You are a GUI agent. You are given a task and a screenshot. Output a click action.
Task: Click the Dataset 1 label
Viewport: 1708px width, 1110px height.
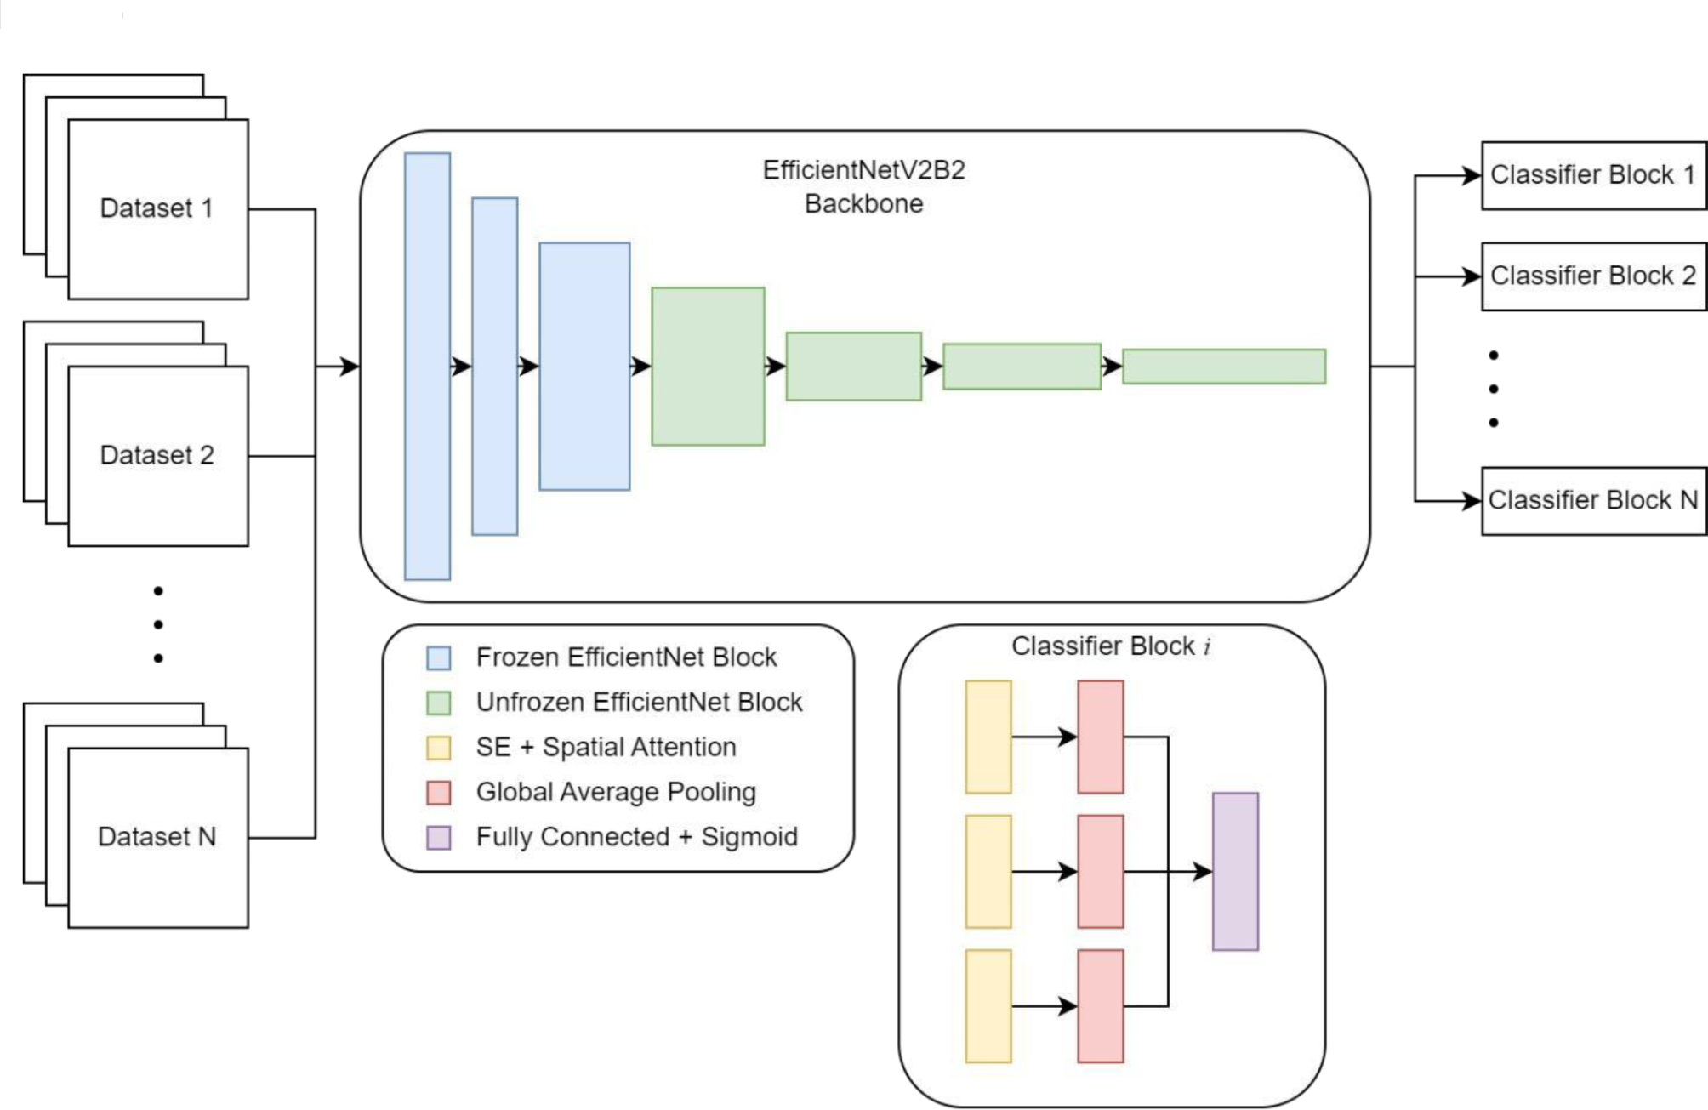pyautogui.click(x=157, y=208)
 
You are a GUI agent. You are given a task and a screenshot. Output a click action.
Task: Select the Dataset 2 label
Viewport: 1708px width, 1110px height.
pyautogui.click(x=157, y=455)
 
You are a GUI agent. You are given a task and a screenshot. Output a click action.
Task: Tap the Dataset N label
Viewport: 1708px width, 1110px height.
pyautogui.click(x=157, y=837)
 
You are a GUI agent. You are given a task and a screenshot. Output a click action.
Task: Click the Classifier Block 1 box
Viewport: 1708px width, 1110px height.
pyautogui.click(x=1592, y=175)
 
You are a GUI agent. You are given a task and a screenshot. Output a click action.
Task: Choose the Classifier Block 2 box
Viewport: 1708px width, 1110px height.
pyautogui.click(x=1592, y=276)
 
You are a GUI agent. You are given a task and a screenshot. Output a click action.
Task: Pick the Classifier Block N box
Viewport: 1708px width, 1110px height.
pyautogui.click(x=1592, y=500)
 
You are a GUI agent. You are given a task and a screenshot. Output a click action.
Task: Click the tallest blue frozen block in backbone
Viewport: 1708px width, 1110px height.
pyautogui.click(x=427, y=367)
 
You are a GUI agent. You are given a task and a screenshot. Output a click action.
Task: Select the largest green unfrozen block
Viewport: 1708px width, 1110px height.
pyautogui.click(x=708, y=367)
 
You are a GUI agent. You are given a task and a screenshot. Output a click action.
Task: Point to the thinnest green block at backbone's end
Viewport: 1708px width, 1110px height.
pyautogui.click(x=1223, y=367)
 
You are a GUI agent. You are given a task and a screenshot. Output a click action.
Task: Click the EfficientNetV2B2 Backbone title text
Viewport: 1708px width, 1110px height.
pyautogui.click(x=863, y=187)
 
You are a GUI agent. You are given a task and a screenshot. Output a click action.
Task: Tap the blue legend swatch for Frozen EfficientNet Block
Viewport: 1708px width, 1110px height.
pyautogui.click(x=438, y=658)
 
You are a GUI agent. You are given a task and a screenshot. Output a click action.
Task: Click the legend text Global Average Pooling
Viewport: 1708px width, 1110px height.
pyautogui.click(x=616, y=792)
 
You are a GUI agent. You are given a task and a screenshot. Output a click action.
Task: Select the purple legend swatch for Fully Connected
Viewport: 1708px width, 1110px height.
pyautogui.click(x=438, y=838)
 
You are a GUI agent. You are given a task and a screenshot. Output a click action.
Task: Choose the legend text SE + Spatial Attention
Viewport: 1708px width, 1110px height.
pyautogui.click(x=606, y=747)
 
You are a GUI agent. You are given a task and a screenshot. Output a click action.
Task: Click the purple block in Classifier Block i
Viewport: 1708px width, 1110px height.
pyautogui.click(x=1234, y=871)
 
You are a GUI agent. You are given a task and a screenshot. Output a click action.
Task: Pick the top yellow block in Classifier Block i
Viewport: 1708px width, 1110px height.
pyautogui.click(x=988, y=737)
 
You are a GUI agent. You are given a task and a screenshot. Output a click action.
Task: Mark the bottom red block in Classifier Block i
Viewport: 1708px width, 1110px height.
pyautogui.click(x=1100, y=1006)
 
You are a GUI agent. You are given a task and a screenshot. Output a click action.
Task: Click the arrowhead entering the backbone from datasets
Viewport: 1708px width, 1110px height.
pyautogui.click(x=350, y=367)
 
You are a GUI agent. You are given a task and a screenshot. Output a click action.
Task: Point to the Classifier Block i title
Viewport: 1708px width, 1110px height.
pyautogui.click(x=1110, y=646)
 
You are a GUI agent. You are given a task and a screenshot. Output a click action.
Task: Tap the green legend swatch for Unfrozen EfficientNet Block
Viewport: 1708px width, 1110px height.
pyautogui.click(x=438, y=703)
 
